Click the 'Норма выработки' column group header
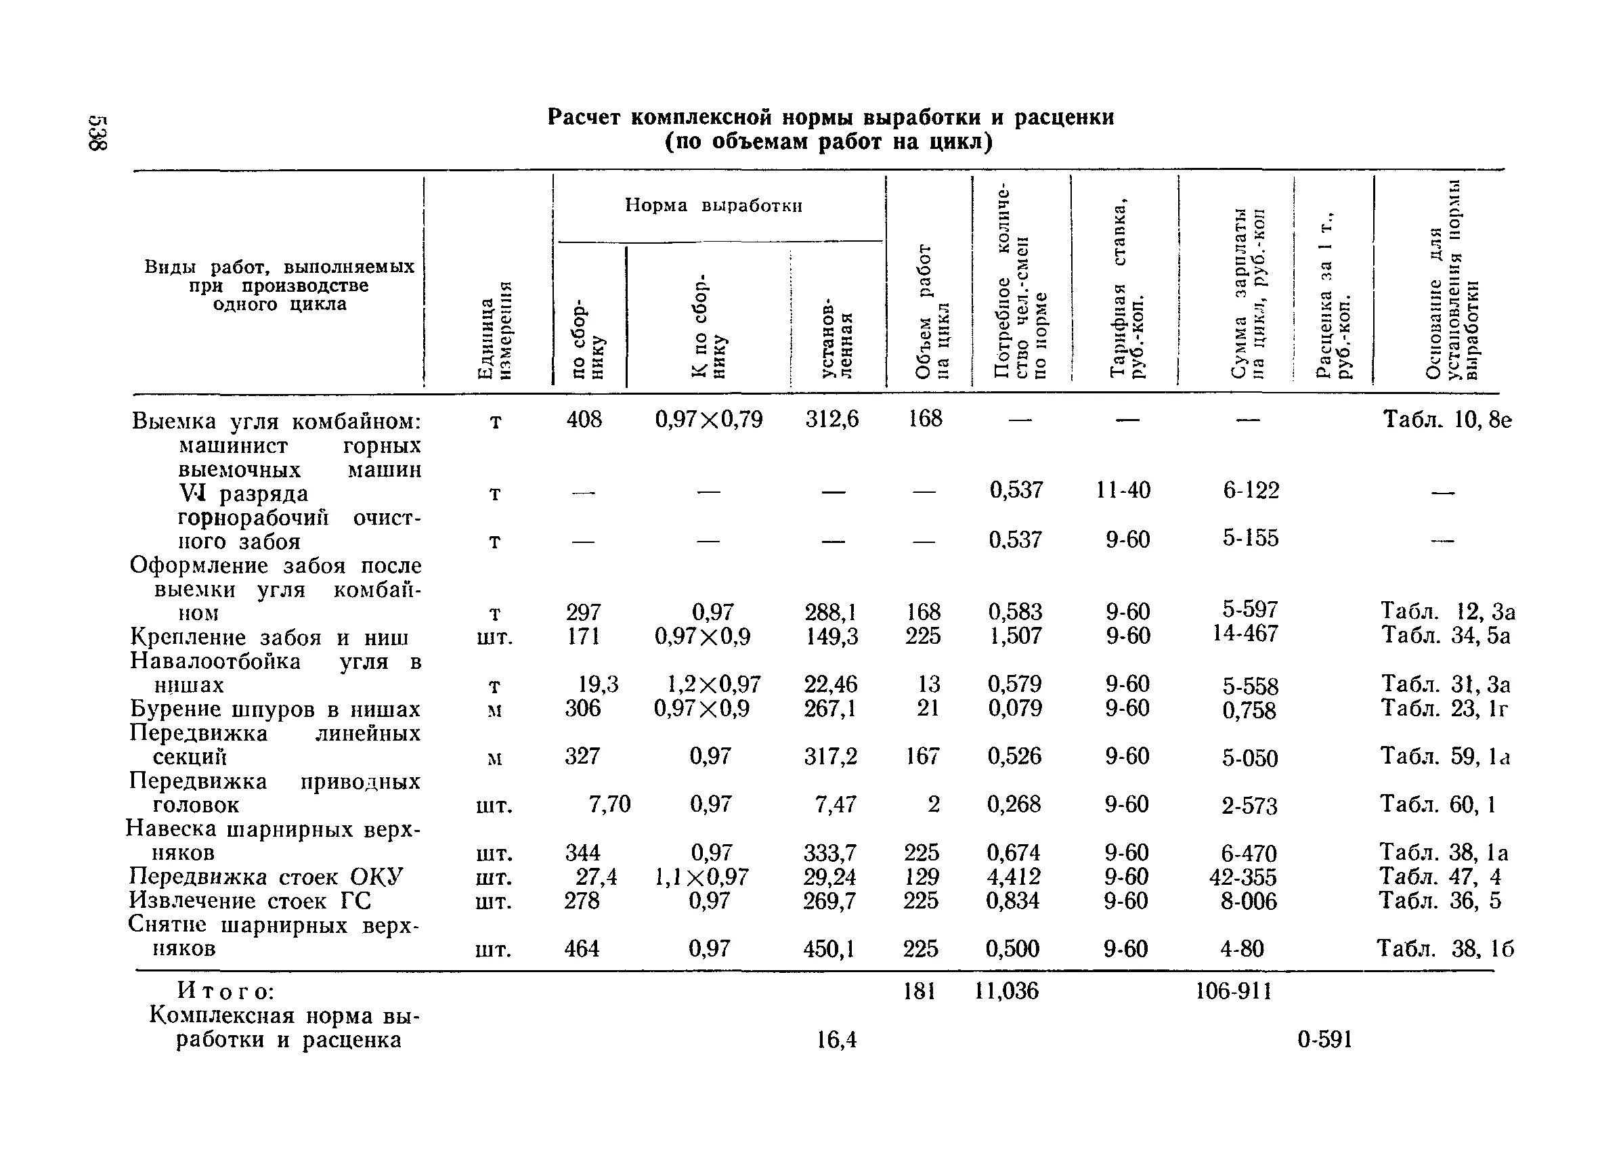coord(713,206)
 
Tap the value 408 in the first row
coord(584,420)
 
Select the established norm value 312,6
coord(831,420)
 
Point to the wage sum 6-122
coord(1251,490)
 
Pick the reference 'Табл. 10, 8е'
coord(1446,420)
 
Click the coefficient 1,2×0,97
coord(713,684)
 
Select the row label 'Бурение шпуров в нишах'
coord(275,709)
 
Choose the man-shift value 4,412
coord(1013,877)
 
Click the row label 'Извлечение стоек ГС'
coord(250,901)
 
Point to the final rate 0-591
coord(1325,1040)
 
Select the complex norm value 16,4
coord(837,1040)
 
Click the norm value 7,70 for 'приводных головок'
coord(609,804)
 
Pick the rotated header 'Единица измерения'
coord(494,329)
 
